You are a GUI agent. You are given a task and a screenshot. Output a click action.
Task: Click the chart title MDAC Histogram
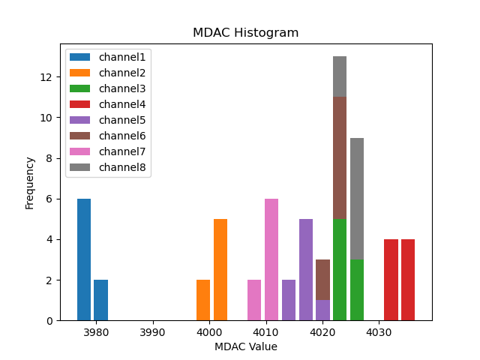point(245,33)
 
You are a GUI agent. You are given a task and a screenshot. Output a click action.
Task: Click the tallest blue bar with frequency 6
point(84,259)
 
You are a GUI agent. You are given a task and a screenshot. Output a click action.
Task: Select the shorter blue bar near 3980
point(100,300)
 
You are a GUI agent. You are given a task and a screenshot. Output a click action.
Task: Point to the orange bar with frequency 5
point(220,270)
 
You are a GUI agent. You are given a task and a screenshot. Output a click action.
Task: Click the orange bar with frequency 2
point(203,300)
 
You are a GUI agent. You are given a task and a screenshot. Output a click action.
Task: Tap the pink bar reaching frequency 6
point(271,259)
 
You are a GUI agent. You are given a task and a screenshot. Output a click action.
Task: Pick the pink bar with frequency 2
point(254,300)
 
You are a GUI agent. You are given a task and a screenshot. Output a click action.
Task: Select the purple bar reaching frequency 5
point(306,270)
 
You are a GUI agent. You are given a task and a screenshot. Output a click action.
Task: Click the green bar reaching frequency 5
point(340,270)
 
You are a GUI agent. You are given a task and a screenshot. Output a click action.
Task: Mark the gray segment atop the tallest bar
point(340,76)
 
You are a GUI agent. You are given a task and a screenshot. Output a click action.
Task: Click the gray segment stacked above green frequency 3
point(357,199)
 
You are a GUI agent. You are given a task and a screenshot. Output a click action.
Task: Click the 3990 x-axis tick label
point(152,331)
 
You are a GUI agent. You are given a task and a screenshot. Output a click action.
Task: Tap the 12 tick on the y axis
point(46,77)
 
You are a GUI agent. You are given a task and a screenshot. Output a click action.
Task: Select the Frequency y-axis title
point(30,182)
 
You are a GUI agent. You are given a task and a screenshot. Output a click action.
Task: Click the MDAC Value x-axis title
point(245,346)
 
